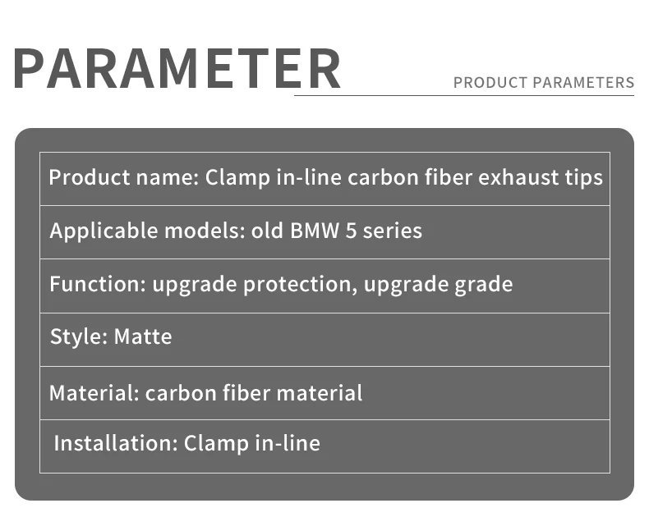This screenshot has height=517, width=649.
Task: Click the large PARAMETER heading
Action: click(177, 69)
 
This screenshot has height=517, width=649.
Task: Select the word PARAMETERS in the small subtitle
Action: click(584, 83)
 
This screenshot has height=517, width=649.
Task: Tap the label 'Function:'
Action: click(97, 284)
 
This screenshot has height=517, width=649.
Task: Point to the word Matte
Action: click(143, 336)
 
